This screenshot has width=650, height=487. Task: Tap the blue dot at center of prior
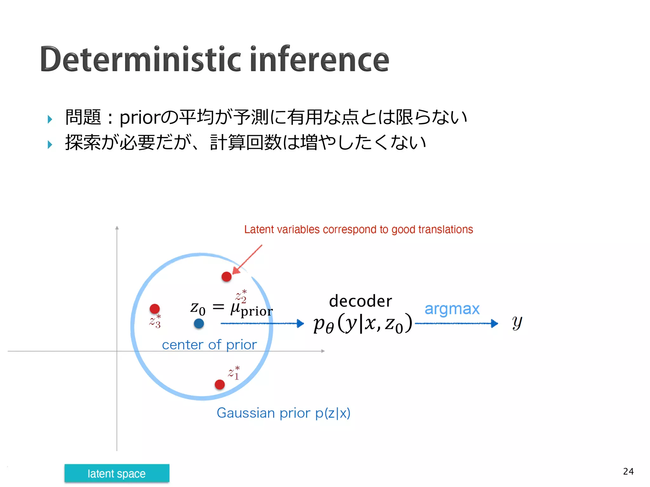[199, 324]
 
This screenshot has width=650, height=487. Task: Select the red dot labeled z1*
[220, 385]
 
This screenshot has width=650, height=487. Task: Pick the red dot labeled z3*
[155, 308]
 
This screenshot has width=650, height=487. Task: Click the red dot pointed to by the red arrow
[226, 276]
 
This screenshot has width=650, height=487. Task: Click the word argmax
[452, 309]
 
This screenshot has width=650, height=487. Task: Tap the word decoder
[361, 301]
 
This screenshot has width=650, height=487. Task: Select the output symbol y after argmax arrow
[517, 322]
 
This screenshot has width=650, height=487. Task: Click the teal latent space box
[117, 473]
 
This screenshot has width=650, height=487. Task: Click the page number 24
[628, 471]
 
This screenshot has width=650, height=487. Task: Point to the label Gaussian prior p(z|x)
[283, 413]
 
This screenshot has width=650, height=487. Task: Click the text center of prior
[209, 345]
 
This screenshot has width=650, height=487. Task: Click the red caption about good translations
[358, 229]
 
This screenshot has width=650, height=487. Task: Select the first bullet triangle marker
[50, 119]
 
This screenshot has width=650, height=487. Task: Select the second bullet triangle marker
[50, 145]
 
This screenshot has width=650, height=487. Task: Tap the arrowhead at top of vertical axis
[117, 228]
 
